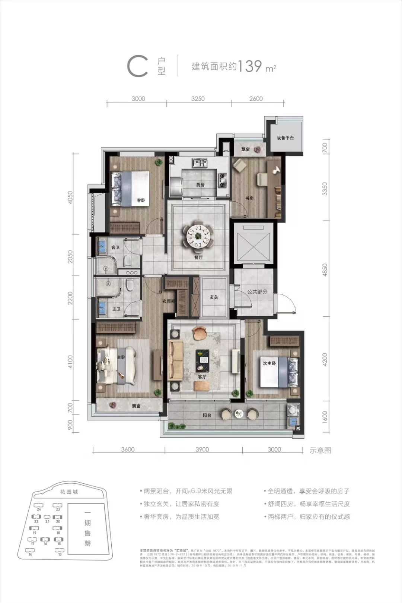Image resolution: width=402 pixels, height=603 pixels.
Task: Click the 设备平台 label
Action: coord(285,138)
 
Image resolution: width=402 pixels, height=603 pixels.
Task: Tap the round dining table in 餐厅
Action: coord(198,236)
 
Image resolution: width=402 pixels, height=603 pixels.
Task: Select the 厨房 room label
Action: coord(200,184)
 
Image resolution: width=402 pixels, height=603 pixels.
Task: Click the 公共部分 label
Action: coord(257,292)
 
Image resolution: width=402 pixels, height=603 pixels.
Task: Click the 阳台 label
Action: coord(207,415)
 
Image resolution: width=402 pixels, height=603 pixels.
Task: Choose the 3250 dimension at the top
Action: coord(198,99)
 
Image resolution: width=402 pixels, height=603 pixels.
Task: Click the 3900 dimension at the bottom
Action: coord(202,449)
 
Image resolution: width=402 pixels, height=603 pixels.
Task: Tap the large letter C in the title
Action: coord(137,66)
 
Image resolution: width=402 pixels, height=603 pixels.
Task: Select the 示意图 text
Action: coord(320,450)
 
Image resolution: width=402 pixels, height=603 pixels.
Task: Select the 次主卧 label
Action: coord(269,363)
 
